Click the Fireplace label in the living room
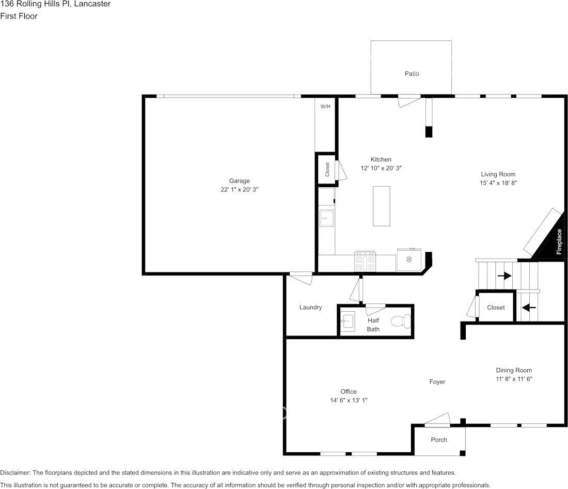click(x=559, y=242)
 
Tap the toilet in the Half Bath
click(x=401, y=322)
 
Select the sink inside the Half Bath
click(x=348, y=322)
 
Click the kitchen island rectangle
click(x=382, y=206)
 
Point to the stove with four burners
click(x=365, y=261)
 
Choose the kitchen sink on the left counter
click(x=326, y=219)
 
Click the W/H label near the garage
click(x=325, y=106)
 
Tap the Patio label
click(x=412, y=74)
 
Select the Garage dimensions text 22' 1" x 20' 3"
click(x=239, y=190)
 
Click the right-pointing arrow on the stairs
click(x=504, y=276)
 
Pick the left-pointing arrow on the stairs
click(x=529, y=308)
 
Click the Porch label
click(x=439, y=440)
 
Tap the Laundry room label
click(x=310, y=308)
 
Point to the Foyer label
click(x=437, y=382)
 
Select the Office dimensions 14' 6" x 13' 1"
click(x=348, y=400)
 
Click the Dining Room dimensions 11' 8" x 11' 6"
click(x=514, y=379)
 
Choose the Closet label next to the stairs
click(x=496, y=308)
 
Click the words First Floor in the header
click(x=19, y=16)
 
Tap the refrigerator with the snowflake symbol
click(x=409, y=259)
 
